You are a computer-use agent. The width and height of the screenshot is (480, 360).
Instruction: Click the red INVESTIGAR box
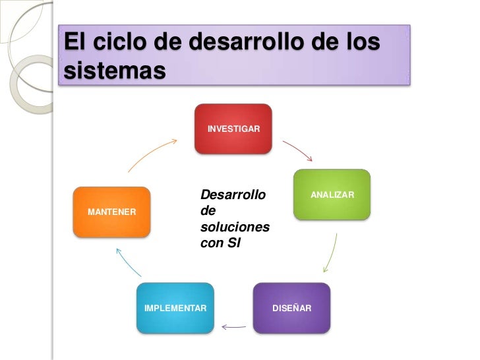(x=233, y=129)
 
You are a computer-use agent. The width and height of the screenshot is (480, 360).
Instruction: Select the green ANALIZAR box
(x=332, y=195)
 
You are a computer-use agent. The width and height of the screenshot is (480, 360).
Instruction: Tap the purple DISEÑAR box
(x=291, y=308)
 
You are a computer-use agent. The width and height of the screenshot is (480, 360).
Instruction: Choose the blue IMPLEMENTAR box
(x=175, y=308)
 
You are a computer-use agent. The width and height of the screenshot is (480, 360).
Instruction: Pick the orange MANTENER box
(x=112, y=212)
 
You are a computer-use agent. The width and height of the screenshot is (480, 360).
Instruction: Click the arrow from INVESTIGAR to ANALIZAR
(x=297, y=150)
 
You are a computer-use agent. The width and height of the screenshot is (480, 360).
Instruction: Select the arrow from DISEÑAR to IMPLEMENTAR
(x=233, y=325)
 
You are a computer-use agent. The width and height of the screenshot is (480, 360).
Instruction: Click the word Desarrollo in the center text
(x=232, y=195)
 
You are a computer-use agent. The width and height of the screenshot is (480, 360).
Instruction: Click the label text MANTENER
(x=112, y=212)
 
